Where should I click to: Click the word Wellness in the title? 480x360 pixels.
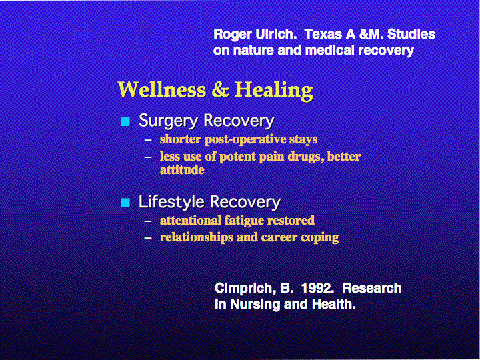click(x=162, y=89)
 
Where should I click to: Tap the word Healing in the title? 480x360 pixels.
click(x=274, y=91)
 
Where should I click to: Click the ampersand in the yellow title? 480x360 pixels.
click(x=221, y=89)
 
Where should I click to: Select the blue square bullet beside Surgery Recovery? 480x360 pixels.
click(x=125, y=121)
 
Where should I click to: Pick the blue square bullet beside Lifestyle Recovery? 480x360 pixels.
click(x=125, y=203)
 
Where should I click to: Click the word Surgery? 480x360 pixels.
click(x=169, y=121)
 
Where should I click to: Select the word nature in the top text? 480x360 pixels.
click(x=253, y=50)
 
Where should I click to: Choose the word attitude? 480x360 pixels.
click(x=182, y=169)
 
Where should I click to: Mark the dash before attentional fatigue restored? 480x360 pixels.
click(x=148, y=221)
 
